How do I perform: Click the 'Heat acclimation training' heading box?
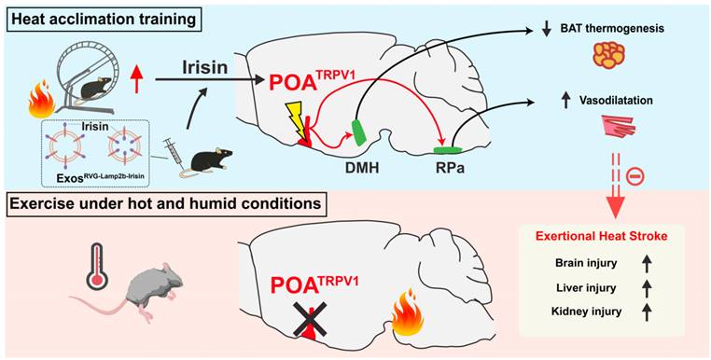point(103,21)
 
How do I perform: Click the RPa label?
point(447,169)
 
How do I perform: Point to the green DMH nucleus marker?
point(359,132)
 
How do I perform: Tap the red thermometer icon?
point(97,266)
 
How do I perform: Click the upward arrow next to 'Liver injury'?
point(647,287)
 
